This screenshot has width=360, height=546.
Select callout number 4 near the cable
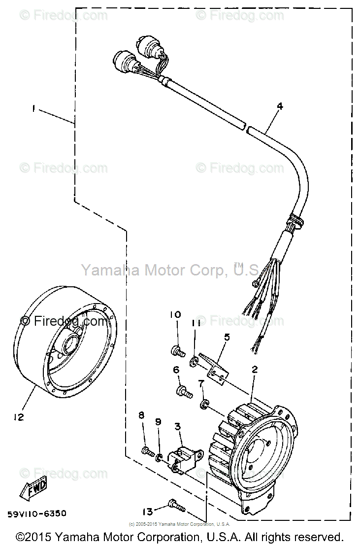tap(279, 105)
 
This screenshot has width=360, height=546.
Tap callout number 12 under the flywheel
tap(18, 417)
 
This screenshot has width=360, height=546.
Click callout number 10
tap(175, 314)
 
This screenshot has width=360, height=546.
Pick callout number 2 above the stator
tap(255, 369)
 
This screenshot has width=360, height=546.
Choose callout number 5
tap(227, 337)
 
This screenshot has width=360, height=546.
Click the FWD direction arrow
tap(34, 489)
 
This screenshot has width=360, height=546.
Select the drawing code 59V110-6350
tap(37, 513)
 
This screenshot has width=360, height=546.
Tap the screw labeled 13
tap(176, 505)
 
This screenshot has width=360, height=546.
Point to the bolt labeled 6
tap(184, 391)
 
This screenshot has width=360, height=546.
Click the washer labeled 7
tap(203, 406)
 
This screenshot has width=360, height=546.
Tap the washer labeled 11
tap(195, 364)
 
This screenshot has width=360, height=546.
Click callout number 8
tap(141, 415)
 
